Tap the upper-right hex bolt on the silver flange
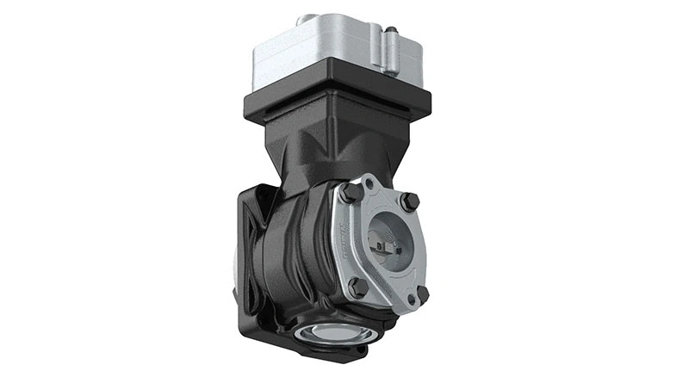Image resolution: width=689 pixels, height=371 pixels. click(411, 202)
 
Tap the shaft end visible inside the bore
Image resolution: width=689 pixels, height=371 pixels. click(385, 249)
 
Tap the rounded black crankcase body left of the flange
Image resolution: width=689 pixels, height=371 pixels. click(297, 250)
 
